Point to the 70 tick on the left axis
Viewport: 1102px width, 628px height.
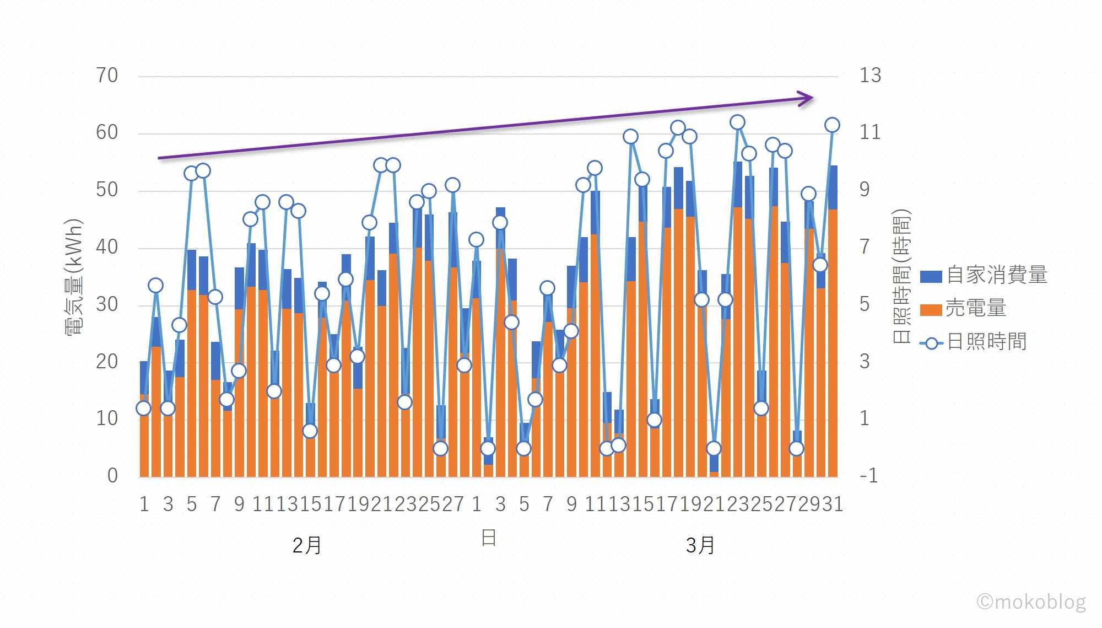(x=107, y=76)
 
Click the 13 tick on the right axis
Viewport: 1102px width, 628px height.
(x=870, y=76)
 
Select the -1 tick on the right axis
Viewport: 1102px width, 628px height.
(x=868, y=475)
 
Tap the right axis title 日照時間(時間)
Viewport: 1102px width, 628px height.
(x=902, y=277)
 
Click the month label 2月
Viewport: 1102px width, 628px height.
(x=307, y=545)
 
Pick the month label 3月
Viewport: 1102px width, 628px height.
(x=700, y=545)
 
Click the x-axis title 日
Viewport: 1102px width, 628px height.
(x=489, y=538)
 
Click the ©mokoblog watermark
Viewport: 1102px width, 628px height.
(x=1031, y=601)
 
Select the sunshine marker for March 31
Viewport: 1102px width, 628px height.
(x=832, y=125)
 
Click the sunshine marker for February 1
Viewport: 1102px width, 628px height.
(x=143, y=408)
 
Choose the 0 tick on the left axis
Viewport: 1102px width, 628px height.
(x=112, y=475)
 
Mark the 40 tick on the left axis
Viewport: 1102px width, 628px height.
(x=107, y=247)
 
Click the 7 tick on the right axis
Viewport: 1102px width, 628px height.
(x=865, y=247)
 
